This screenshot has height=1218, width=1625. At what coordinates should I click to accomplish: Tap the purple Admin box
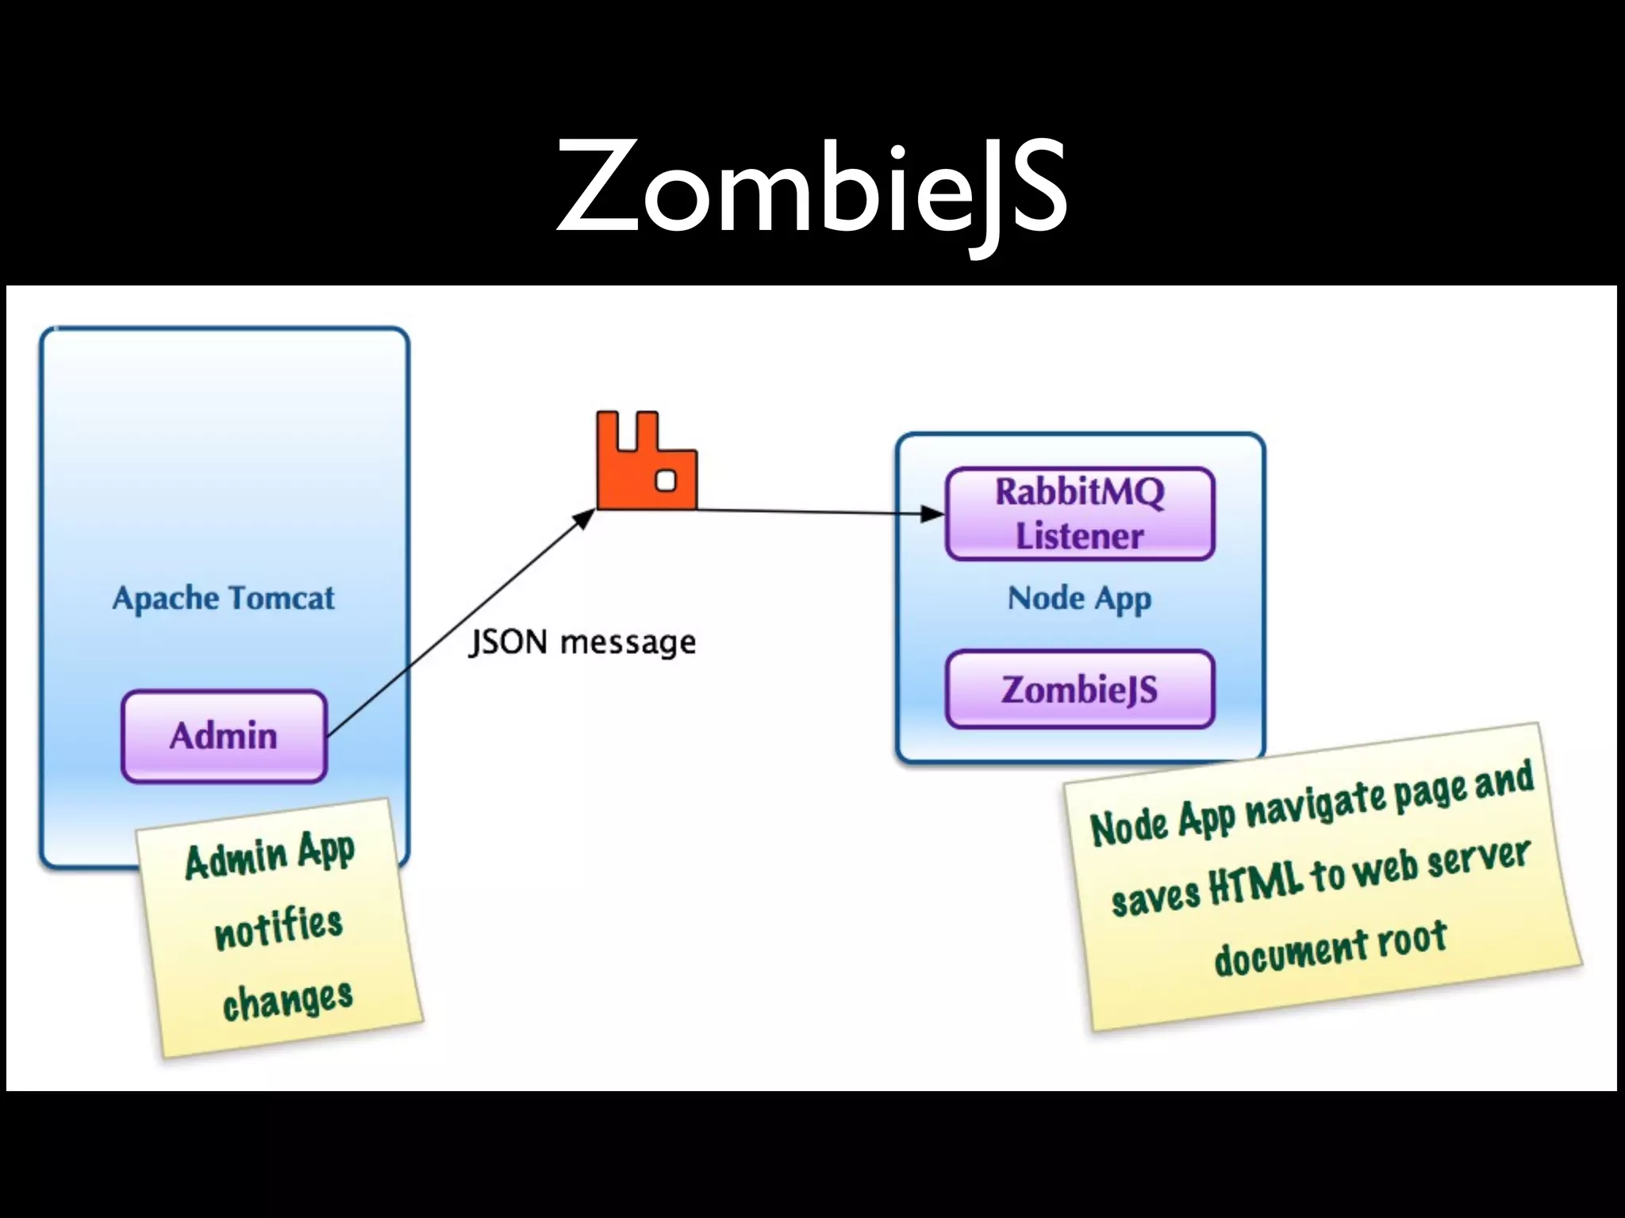pyautogui.click(x=224, y=736)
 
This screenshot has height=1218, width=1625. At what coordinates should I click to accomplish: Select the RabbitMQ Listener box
pyautogui.click(x=1079, y=514)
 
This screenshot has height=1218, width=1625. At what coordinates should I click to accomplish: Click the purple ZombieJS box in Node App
pyautogui.click(x=1079, y=689)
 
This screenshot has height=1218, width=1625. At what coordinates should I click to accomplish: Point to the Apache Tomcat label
pyautogui.click(x=223, y=598)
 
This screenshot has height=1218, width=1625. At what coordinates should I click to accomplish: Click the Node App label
pyautogui.click(x=1079, y=598)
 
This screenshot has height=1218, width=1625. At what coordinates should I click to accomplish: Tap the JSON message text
pyautogui.click(x=582, y=642)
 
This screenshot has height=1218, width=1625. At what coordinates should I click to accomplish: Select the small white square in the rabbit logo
pyautogui.click(x=667, y=481)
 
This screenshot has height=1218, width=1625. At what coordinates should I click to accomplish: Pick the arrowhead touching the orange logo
pyautogui.click(x=584, y=519)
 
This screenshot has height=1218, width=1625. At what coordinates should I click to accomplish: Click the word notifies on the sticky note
pyautogui.click(x=279, y=927)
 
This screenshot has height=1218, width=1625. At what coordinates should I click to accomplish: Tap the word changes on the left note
pyautogui.click(x=287, y=1001)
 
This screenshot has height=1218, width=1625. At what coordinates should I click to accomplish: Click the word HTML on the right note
pyautogui.click(x=1255, y=883)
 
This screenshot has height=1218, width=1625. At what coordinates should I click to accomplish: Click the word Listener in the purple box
pyautogui.click(x=1079, y=536)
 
